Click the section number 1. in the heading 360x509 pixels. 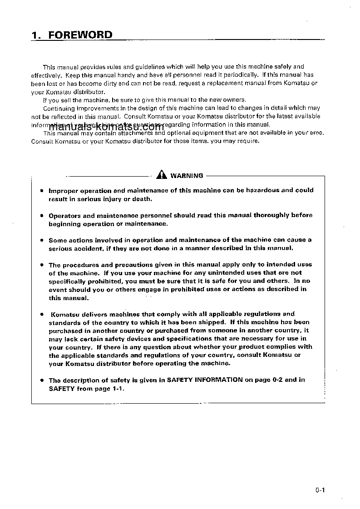click(37, 35)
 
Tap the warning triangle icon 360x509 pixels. click(162, 175)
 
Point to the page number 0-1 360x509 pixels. click(321, 490)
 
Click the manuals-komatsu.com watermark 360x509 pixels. click(105, 127)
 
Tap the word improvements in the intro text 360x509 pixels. click(94, 108)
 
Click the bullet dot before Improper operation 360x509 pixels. click(42, 191)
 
